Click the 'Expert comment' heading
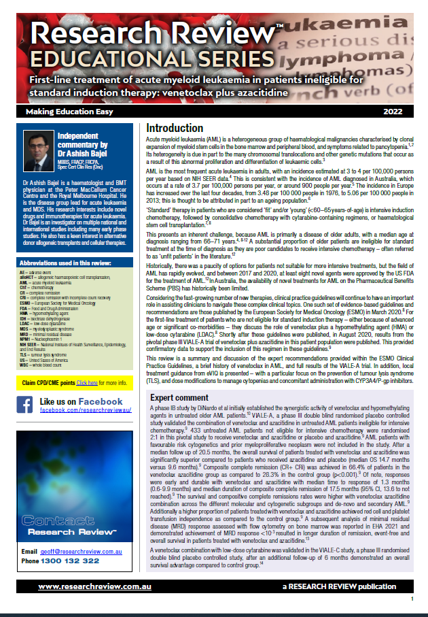click(x=179, y=398)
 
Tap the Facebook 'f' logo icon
click(x=25, y=405)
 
